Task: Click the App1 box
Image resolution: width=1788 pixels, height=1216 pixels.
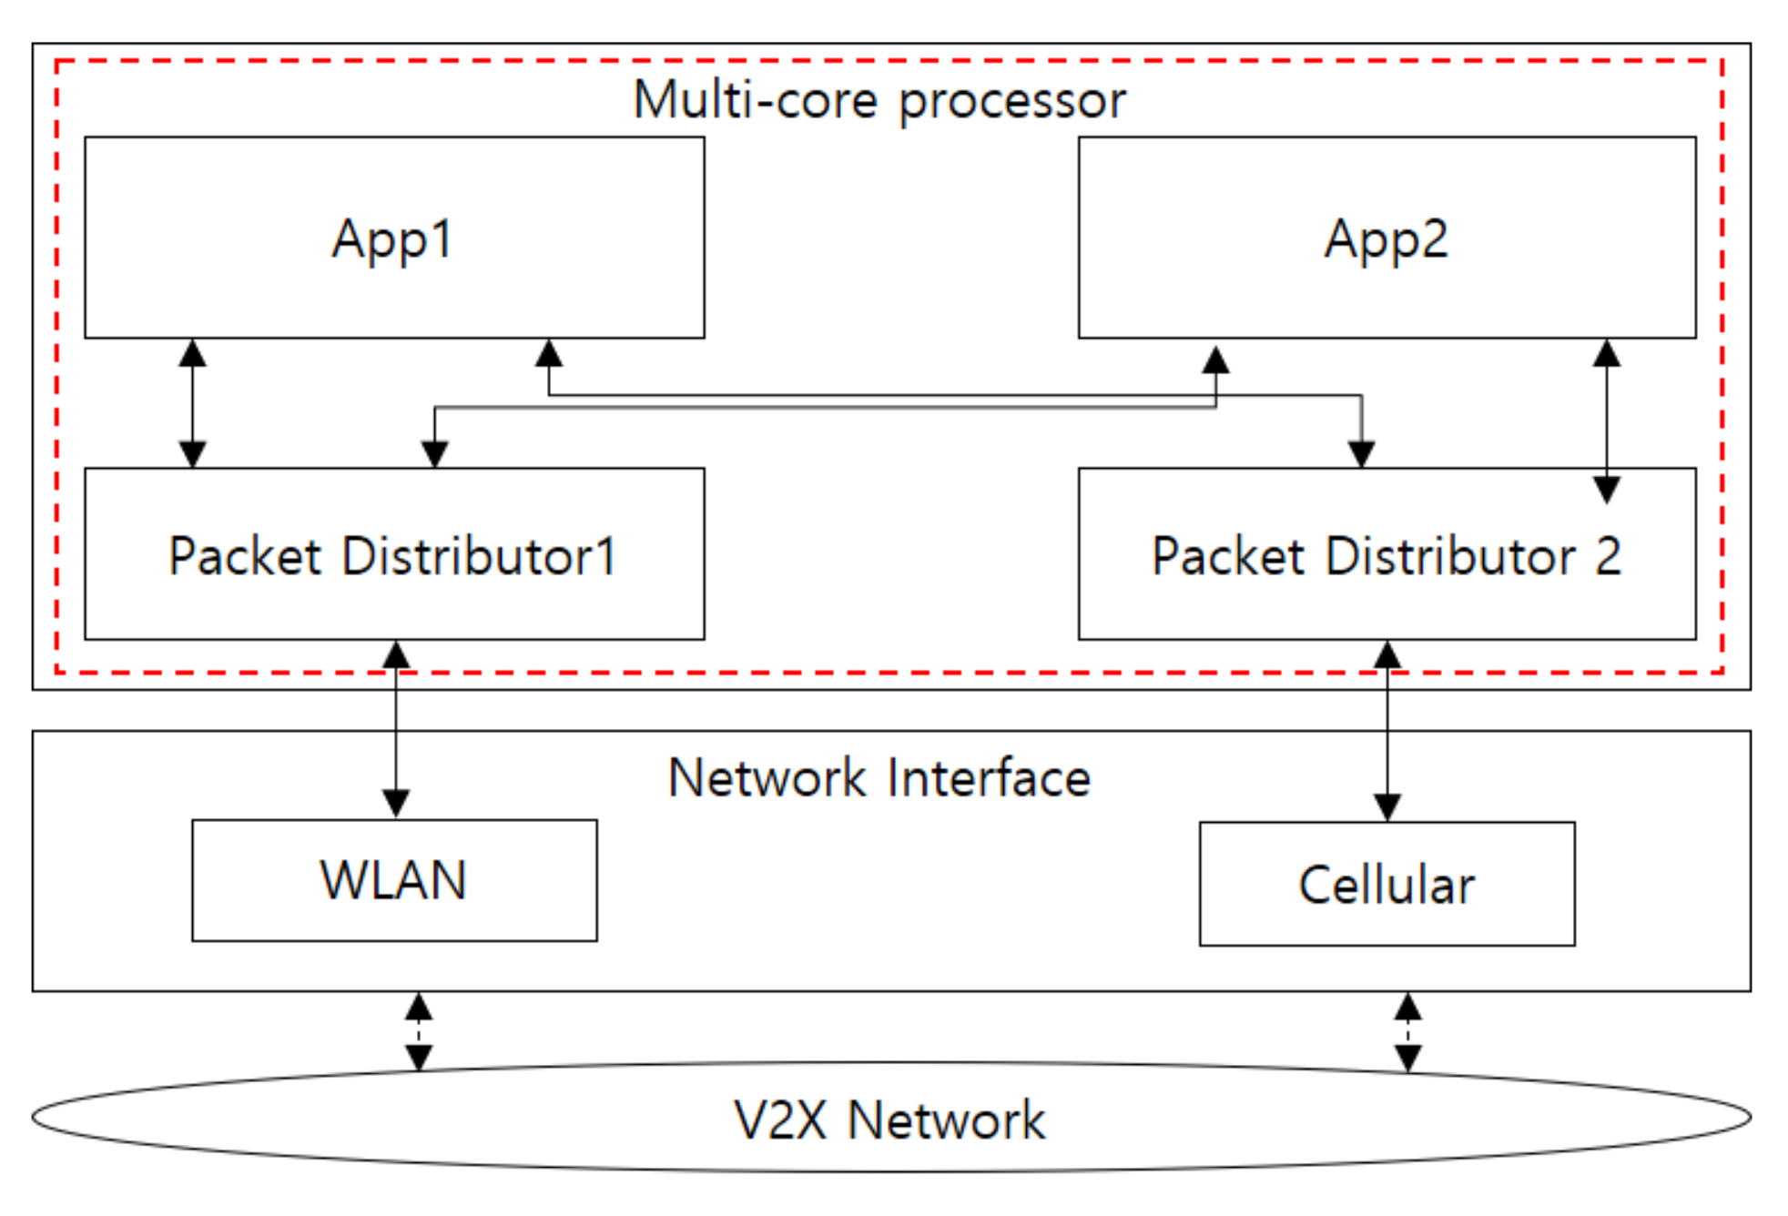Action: pos(394,238)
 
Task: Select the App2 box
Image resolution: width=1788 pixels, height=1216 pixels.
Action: pos(1387,238)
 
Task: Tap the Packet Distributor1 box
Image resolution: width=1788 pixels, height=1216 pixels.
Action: pos(394,553)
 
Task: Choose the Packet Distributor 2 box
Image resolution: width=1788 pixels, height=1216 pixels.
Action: pos(1387,553)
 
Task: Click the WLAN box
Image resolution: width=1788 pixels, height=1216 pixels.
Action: pos(394,880)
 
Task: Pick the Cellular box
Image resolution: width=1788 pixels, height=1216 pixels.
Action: pos(1387,884)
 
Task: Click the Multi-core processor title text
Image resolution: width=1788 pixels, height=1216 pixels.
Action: pos(879,100)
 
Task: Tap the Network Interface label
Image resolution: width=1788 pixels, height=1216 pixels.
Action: pos(879,778)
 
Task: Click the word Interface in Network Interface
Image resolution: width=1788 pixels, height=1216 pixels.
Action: pos(989,778)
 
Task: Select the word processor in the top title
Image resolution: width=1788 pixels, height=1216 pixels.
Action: pos(1012,103)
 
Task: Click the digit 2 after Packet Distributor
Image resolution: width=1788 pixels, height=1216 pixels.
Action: pos(1608,555)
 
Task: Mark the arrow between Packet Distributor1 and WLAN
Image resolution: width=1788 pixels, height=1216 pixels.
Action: pos(395,729)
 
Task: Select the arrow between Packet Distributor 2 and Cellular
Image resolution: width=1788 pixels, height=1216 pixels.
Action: pos(1387,731)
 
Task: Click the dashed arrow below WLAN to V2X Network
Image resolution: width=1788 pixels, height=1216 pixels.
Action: pos(418,1031)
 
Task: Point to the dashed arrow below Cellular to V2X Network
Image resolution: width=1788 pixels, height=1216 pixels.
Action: pos(1407,1031)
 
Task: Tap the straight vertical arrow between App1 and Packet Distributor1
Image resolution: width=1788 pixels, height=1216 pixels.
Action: pos(192,403)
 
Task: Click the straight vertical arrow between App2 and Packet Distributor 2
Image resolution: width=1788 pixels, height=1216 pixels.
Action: pos(1607,421)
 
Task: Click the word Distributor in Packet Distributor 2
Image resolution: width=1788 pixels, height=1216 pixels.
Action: pos(1451,555)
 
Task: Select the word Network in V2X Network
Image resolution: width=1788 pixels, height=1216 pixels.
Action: pos(947,1120)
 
